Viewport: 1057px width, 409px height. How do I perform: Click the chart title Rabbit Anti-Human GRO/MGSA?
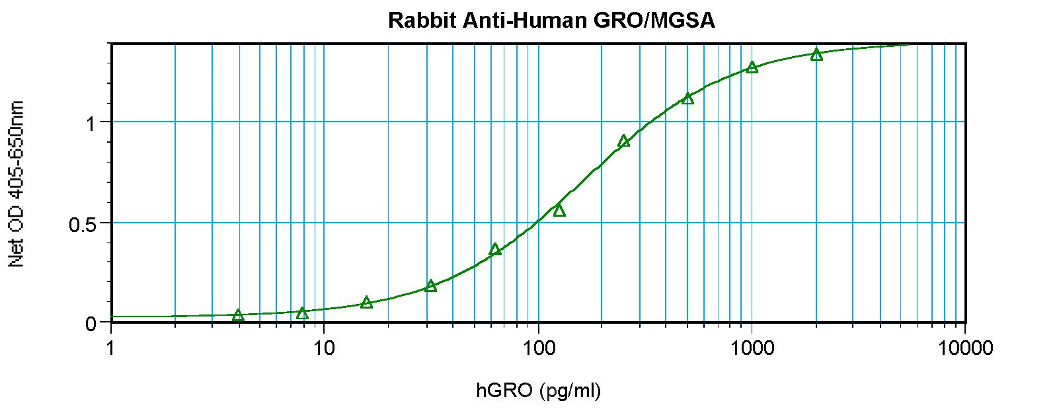coord(551,20)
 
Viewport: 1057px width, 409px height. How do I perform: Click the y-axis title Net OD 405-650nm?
coord(18,184)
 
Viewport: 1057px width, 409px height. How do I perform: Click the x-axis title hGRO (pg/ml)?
coord(539,391)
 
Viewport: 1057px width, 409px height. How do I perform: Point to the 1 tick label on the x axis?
coord(110,348)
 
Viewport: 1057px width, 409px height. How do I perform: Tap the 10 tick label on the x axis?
coord(323,348)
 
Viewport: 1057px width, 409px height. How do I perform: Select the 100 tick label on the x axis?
coord(538,348)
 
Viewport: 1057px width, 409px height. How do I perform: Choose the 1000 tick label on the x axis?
coord(752,348)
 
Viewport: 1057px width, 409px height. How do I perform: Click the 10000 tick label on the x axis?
coord(965,348)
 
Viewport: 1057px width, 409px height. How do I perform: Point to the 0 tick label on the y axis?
coord(91,324)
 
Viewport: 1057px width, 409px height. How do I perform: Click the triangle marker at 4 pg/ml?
coord(238,315)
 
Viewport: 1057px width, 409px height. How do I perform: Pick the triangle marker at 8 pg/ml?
coord(302,313)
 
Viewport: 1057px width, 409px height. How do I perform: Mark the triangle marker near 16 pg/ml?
coord(367,303)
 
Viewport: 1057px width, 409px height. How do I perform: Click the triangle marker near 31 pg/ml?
coord(431,285)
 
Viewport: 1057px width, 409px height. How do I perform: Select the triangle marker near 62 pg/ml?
coord(495,249)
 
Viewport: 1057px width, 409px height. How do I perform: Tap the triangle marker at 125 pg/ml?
coord(559,210)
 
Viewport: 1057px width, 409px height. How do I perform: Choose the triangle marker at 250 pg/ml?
coord(623,141)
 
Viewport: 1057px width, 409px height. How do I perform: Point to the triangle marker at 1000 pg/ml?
coord(752,67)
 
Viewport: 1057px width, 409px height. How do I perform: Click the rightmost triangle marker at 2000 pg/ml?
coord(816,54)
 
